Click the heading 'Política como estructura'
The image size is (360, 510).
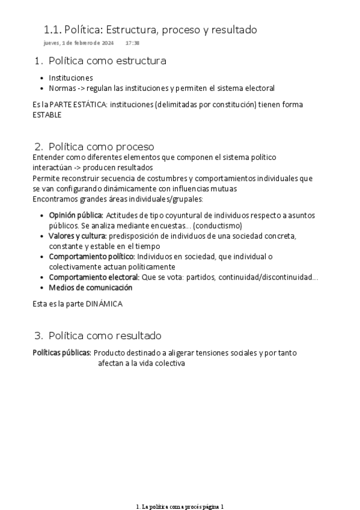pyautogui.click(x=107, y=61)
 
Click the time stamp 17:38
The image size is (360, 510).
pyautogui.click(x=132, y=43)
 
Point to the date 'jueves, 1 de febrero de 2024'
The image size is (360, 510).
pyautogui.click(x=79, y=43)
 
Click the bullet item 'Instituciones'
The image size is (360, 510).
pyautogui.click(x=71, y=78)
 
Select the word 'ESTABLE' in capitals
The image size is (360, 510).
pyautogui.click(x=47, y=115)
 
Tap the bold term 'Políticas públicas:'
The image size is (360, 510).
pyautogui.click(x=62, y=353)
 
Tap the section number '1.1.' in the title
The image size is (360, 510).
pyautogui.click(x=52, y=29)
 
